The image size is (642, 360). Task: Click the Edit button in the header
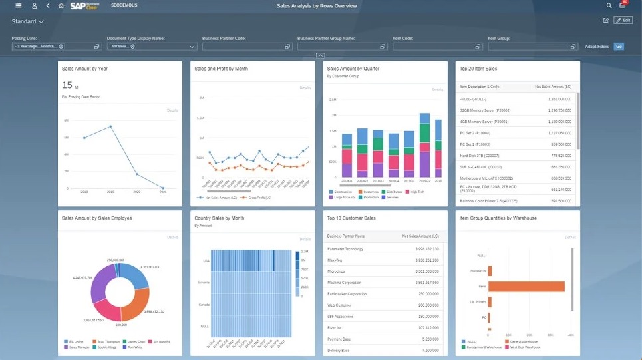623,21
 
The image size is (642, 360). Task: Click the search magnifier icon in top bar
609,6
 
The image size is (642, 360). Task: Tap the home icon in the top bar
61,6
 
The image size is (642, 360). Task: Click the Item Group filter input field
528,47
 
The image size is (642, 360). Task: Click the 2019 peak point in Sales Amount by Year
110,126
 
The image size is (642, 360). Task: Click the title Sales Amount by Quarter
351,69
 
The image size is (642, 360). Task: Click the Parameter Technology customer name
346,248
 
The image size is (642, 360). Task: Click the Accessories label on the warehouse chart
477,271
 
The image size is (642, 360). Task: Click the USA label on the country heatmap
206,261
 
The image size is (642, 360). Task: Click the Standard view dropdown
27,22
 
